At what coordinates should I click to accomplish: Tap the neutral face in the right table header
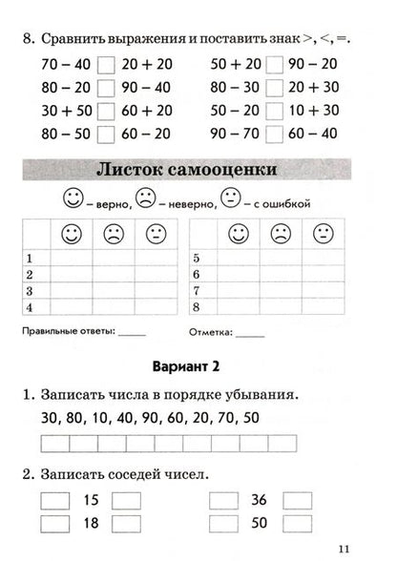(x=324, y=233)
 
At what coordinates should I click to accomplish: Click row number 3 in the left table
(x=30, y=290)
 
